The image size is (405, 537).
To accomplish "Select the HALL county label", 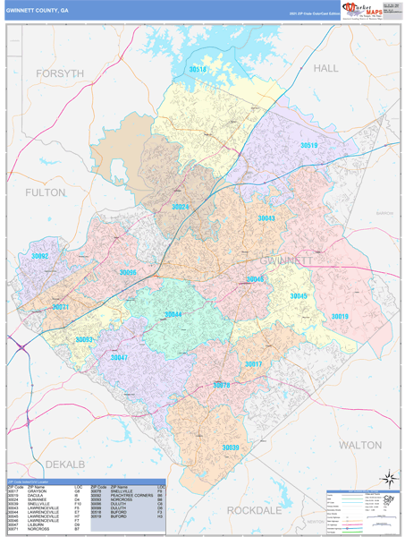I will point(326,68).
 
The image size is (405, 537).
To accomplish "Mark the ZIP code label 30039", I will point(231,447).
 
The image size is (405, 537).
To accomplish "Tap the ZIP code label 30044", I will point(173,314).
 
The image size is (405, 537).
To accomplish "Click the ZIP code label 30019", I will point(340,316).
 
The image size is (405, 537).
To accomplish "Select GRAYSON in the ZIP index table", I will point(38,490).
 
